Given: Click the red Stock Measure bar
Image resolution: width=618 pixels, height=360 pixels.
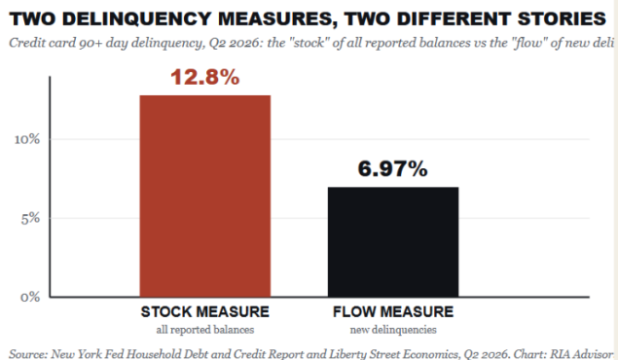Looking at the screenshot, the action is pos(205,196).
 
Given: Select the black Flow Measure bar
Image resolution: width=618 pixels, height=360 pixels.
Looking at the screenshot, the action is pos(393,242).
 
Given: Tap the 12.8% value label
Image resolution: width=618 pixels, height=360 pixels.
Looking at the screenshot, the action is pos(205,77).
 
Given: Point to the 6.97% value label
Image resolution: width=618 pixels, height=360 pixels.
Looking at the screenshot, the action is pos(392,168).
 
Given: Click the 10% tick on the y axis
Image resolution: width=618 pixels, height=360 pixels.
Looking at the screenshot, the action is pos(27,139).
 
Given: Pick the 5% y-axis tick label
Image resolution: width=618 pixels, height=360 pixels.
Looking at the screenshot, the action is pos(30,218).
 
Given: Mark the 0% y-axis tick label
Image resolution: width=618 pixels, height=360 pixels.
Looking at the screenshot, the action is pos(30,297).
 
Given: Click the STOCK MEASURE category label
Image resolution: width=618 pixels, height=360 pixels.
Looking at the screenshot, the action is pos(205,312).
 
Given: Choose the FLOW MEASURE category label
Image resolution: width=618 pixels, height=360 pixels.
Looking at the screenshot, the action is pos(393,312).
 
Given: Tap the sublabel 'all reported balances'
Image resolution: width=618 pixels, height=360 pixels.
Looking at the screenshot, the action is pos(205,329).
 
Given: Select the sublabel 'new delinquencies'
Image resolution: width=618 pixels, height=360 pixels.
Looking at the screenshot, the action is pos(393,329).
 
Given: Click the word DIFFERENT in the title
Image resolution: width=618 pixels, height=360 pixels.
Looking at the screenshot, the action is pos(454,18).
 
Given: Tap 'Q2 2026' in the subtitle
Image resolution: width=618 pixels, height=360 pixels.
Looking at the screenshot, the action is pos(235,43).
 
